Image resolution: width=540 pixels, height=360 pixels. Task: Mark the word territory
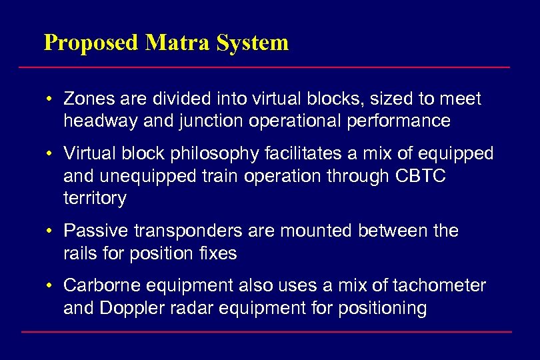pyautogui.click(x=94, y=198)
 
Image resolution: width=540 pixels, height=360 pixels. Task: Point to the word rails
pyautogui.click(x=81, y=253)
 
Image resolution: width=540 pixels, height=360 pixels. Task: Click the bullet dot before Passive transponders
pyautogui.click(x=50, y=232)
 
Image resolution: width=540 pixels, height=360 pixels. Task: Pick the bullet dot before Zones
pyautogui.click(x=50, y=100)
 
